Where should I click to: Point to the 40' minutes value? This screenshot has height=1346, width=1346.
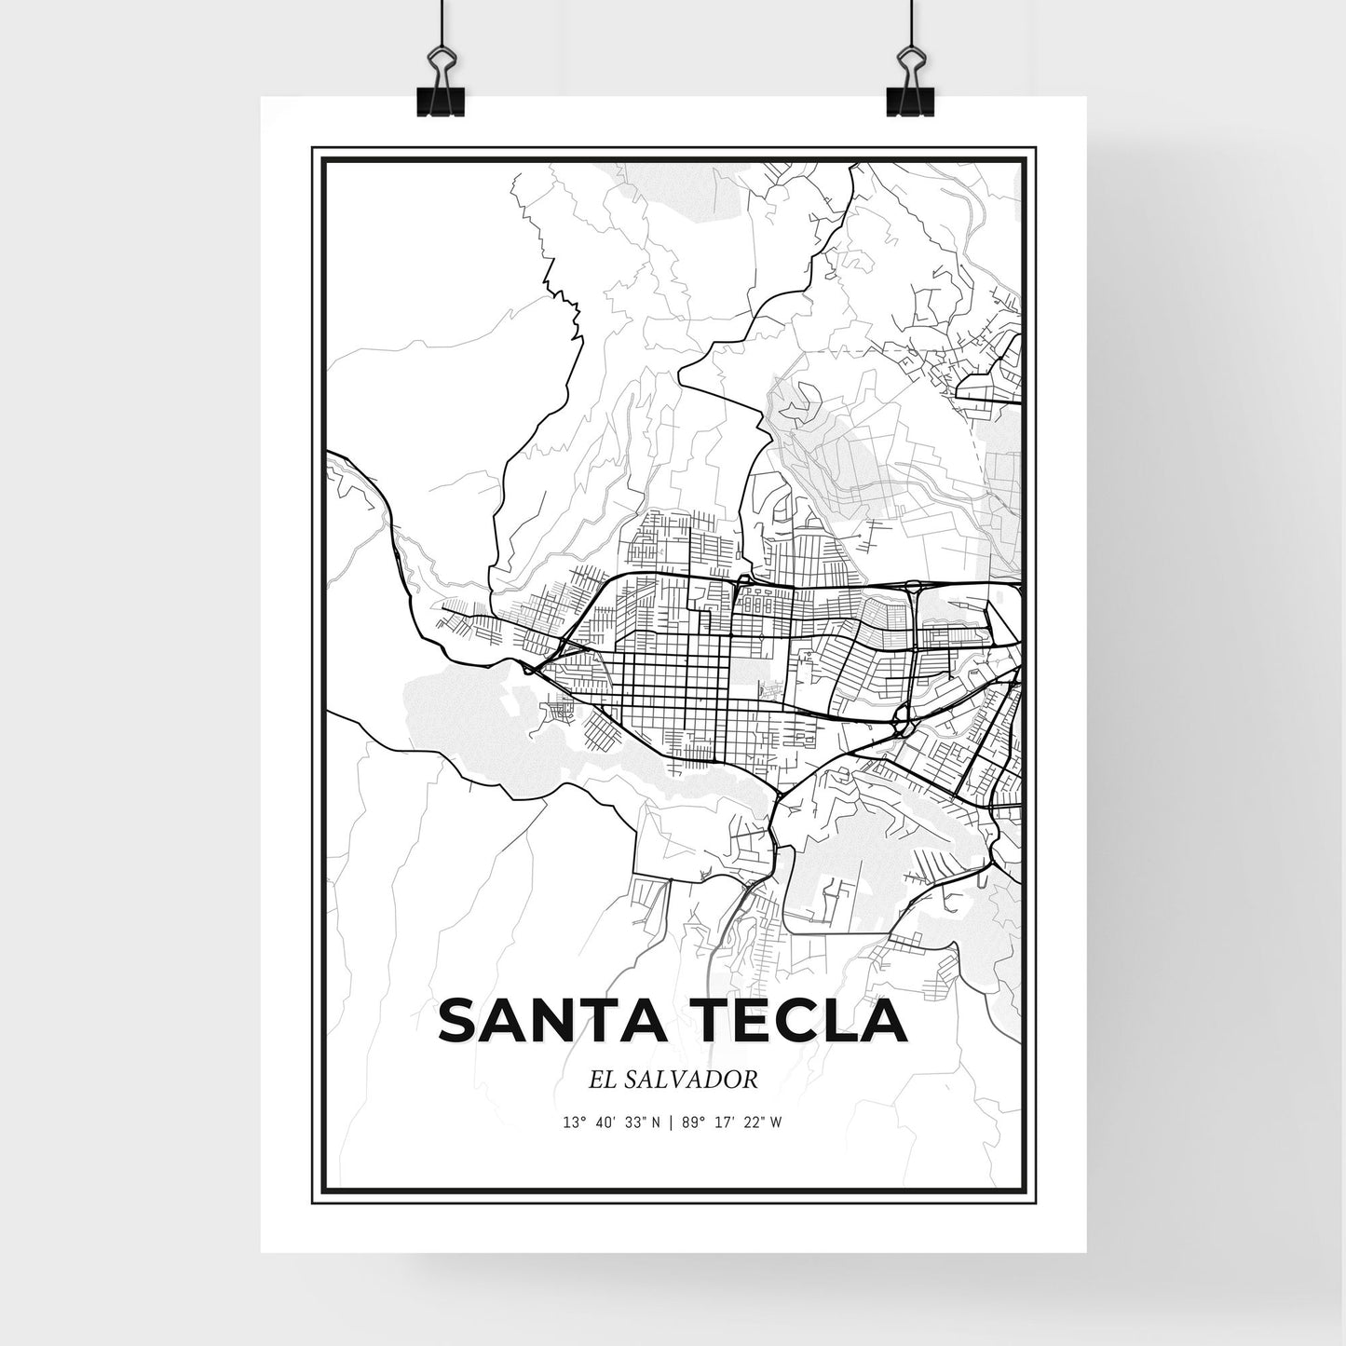tap(604, 1122)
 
